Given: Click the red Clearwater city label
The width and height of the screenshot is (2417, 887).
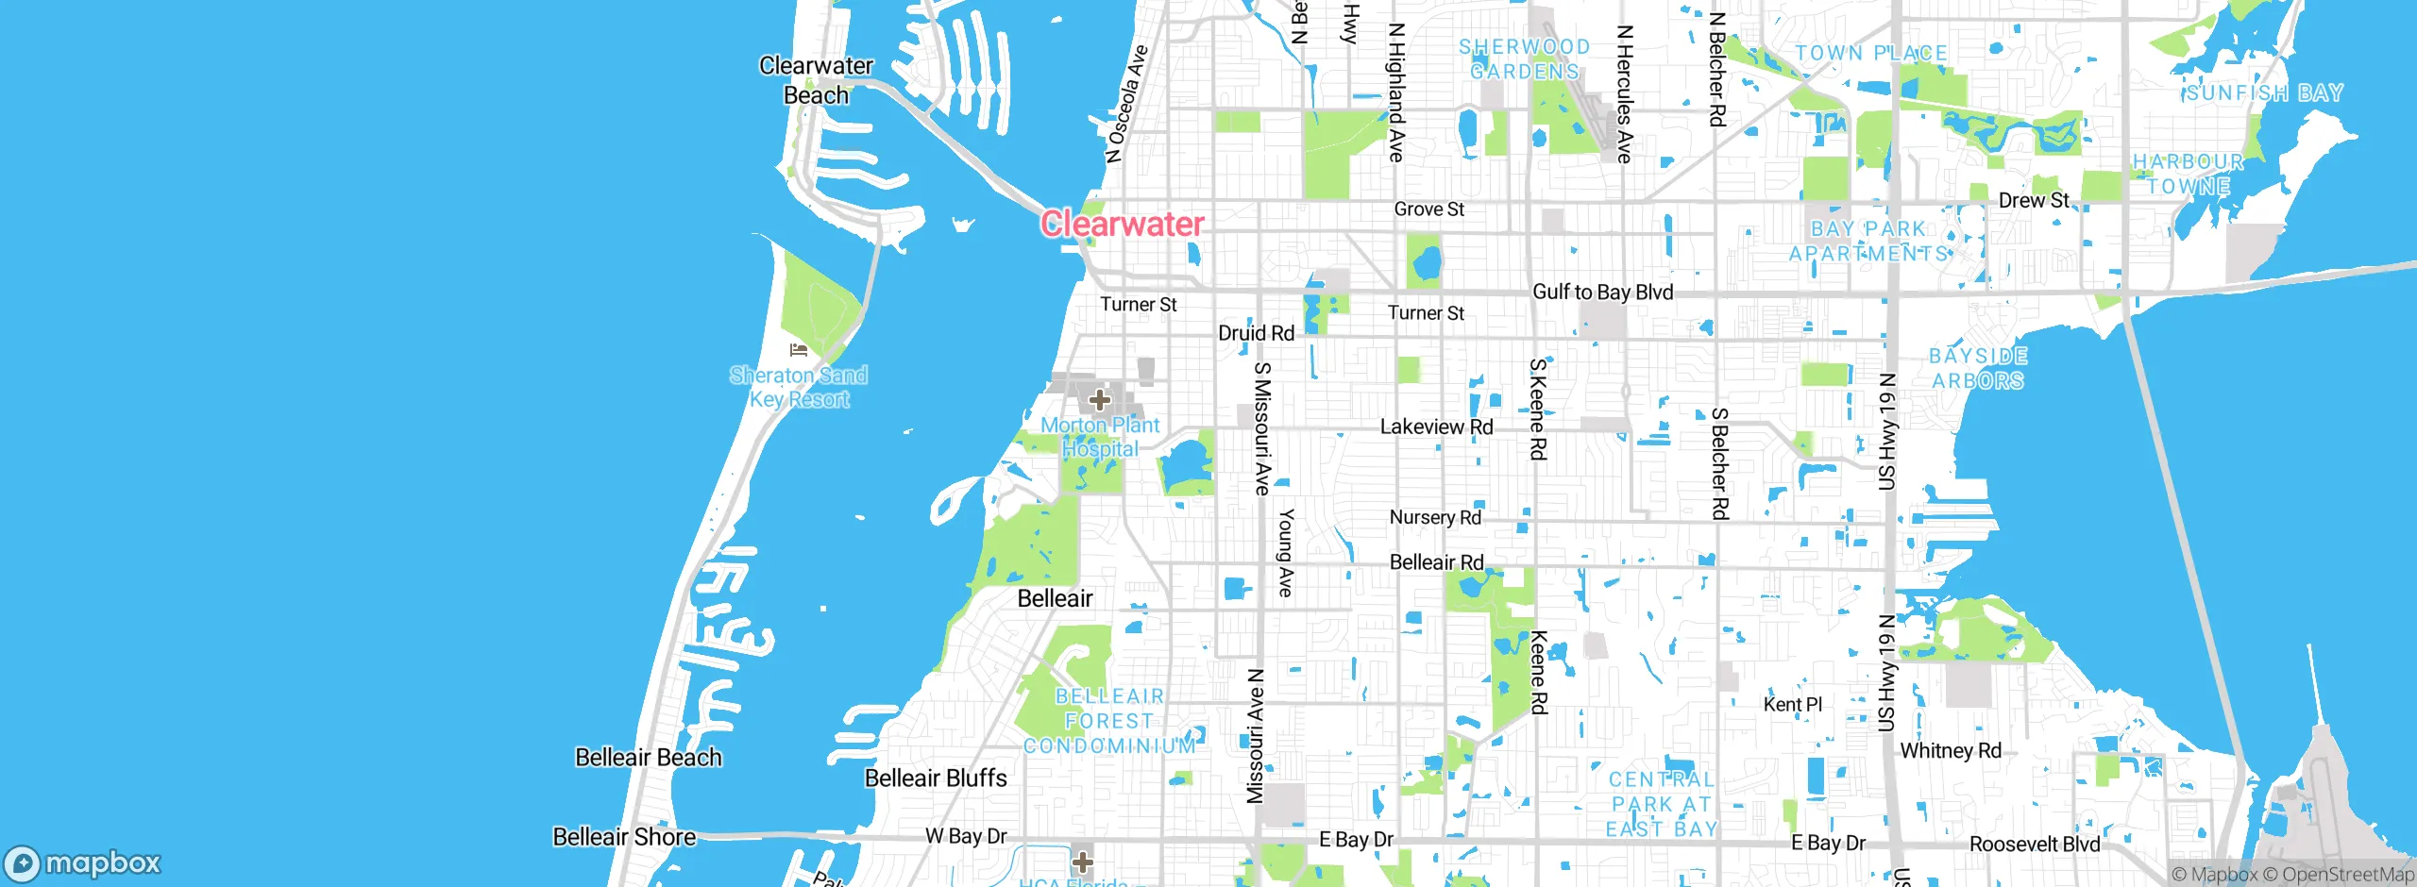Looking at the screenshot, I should pos(1122,224).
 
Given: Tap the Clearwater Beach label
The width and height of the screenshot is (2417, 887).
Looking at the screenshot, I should pos(816,80).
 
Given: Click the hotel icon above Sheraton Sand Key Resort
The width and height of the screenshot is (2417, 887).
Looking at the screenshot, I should pos(799,350).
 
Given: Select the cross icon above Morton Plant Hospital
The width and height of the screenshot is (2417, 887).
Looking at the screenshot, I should pos(1099,400).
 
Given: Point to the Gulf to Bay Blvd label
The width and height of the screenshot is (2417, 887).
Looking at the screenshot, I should pos(1602,293).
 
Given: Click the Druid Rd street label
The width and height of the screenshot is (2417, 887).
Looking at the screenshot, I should pos(1256,333).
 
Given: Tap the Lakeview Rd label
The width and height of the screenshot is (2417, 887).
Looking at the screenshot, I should pos(1436,427).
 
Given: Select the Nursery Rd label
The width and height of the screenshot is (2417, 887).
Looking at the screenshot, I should pos(1435,517).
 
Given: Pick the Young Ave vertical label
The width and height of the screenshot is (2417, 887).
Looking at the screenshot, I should pos(1285,552).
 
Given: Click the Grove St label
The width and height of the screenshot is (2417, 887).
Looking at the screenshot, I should pos(1428,209).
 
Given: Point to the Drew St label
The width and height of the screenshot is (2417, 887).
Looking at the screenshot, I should pos(2033,200).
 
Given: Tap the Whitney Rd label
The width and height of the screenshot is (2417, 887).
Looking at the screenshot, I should pos(1950,751).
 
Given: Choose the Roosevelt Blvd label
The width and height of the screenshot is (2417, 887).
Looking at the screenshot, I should pos(2034,844).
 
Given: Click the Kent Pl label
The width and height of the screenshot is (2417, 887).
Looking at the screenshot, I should pos(1792,704).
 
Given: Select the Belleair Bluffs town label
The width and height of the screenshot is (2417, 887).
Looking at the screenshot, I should pos(936,778).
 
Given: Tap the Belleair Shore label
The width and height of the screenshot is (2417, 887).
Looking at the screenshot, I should pos(624,837).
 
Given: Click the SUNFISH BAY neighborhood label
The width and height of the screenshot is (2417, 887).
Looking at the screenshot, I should pos(2264,92).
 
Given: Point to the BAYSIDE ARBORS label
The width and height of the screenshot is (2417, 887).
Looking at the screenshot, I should pos(1978,368).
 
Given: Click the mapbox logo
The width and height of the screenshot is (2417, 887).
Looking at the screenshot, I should pos(83,862).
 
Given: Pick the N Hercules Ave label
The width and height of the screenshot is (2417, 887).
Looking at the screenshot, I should pos(1624,94).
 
